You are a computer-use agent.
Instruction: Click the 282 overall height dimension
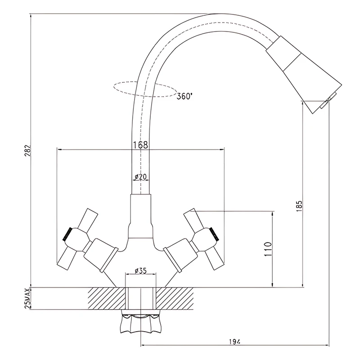pos(28,151)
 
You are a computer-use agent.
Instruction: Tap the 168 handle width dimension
pos(140,145)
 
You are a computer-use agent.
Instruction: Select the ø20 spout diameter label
pos(140,177)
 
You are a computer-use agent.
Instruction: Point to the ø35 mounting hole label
pos(140,271)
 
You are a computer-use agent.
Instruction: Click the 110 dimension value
pos(268,249)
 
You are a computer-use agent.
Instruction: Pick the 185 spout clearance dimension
pos(299,206)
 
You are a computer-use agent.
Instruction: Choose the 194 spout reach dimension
pos(234,342)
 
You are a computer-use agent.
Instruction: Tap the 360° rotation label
pos(184,96)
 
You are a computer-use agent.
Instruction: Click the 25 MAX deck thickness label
pos(28,298)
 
